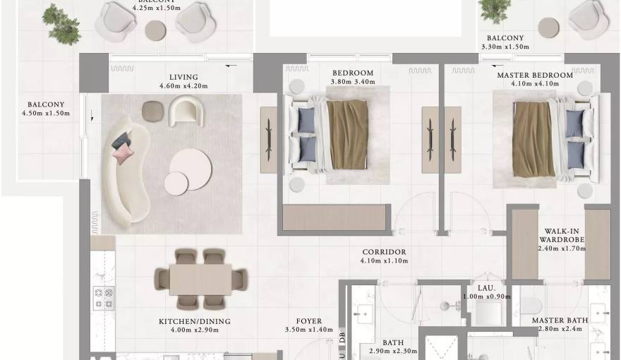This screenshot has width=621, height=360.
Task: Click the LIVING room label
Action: [x=183, y=77]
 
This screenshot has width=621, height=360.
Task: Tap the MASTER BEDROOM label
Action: [x=535, y=75]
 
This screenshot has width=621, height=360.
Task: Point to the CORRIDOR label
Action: [x=384, y=252]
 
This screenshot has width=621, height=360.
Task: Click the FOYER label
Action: [x=309, y=321]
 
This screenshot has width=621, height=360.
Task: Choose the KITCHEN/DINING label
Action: [x=195, y=321]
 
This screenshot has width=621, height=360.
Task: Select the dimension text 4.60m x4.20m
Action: [x=183, y=86]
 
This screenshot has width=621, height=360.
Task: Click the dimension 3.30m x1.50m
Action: [x=505, y=47]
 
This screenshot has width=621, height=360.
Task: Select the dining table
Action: [x=200, y=279]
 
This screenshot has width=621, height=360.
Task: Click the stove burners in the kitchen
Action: [x=104, y=298]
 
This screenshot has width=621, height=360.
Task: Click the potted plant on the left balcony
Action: [x=61, y=23]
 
